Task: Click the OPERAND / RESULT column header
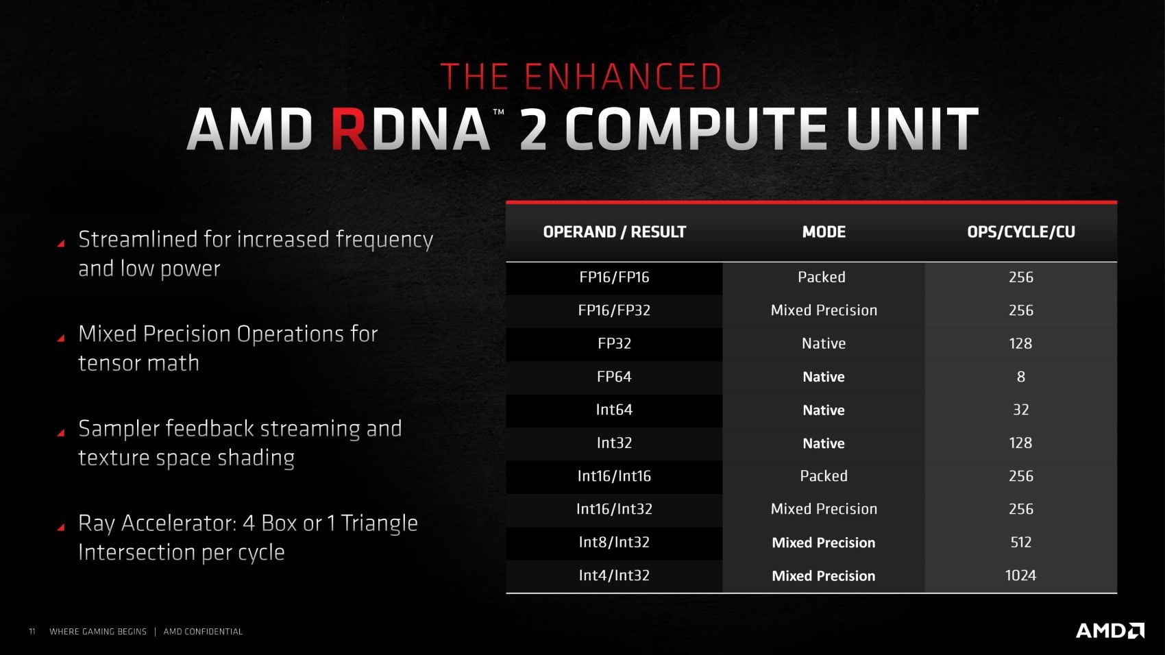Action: coord(614,232)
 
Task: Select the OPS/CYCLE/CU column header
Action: coord(1020,232)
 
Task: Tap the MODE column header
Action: coord(824,232)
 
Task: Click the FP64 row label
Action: coord(614,376)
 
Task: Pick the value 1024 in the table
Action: coord(1020,576)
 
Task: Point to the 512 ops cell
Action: coord(1020,542)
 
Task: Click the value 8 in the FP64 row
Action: coord(1021,376)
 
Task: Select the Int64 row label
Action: coord(614,410)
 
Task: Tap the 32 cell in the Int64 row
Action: coord(1020,410)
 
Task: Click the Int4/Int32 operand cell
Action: coord(614,576)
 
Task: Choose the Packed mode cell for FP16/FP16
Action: coord(822,277)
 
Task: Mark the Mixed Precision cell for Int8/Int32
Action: coord(823,543)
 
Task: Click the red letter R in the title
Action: coord(349,129)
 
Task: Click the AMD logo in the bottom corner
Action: coord(1110,630)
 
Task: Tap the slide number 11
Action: coord(32,632)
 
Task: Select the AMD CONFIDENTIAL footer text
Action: coord(203,632)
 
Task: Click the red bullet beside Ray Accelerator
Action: coord(61,527)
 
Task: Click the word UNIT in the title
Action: coord(911,129)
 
